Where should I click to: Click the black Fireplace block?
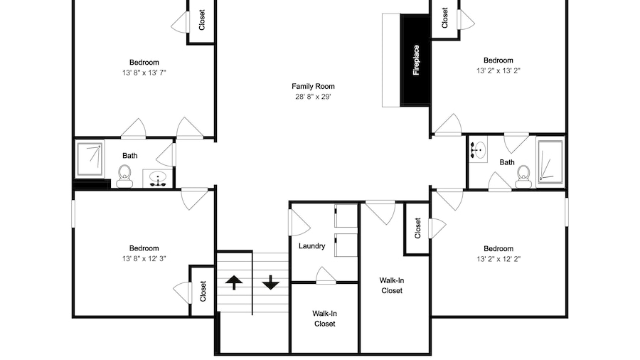[x=415, y=60]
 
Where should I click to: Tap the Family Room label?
[x=313, y=87]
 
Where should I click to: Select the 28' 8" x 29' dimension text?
[x=313, y=97]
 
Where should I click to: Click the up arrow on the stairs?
[x=234, y=282]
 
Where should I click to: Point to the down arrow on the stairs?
[x=270, y=282]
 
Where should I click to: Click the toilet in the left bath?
[x=124, y=176]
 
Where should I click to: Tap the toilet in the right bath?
[x=523, y=176]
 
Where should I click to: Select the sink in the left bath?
[x=158, y=179]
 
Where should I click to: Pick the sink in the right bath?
[x=478, y=150]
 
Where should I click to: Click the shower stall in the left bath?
[x=90, y=159]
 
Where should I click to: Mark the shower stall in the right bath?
[x=550, y=162]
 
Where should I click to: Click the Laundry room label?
[x=312, y=246]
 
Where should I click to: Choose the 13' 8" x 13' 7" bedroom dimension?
[x=144, y=73]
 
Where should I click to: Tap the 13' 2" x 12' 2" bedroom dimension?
[x=498, y=259]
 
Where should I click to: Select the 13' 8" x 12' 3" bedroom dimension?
[x=144, y=258]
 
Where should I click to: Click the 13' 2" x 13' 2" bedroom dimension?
[x=498, y=70]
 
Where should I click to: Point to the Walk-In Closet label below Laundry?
[x=324, y=319]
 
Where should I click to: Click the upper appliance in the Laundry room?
[x=346, y=216]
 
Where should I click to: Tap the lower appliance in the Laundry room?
[x=346, y=245]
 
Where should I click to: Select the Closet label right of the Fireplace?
[x=444, y=18]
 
